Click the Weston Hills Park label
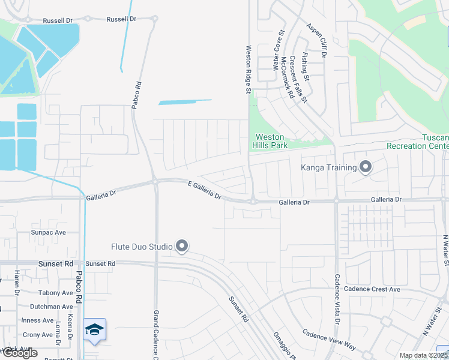pos(271,141)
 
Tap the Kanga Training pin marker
pos(366,167)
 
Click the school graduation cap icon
pos(94,329)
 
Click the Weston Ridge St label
pos(247,70)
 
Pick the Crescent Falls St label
pos(298,78)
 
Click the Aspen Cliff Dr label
pos(316,40)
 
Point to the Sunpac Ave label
pos(48,232)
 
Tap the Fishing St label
pos(306,67)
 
